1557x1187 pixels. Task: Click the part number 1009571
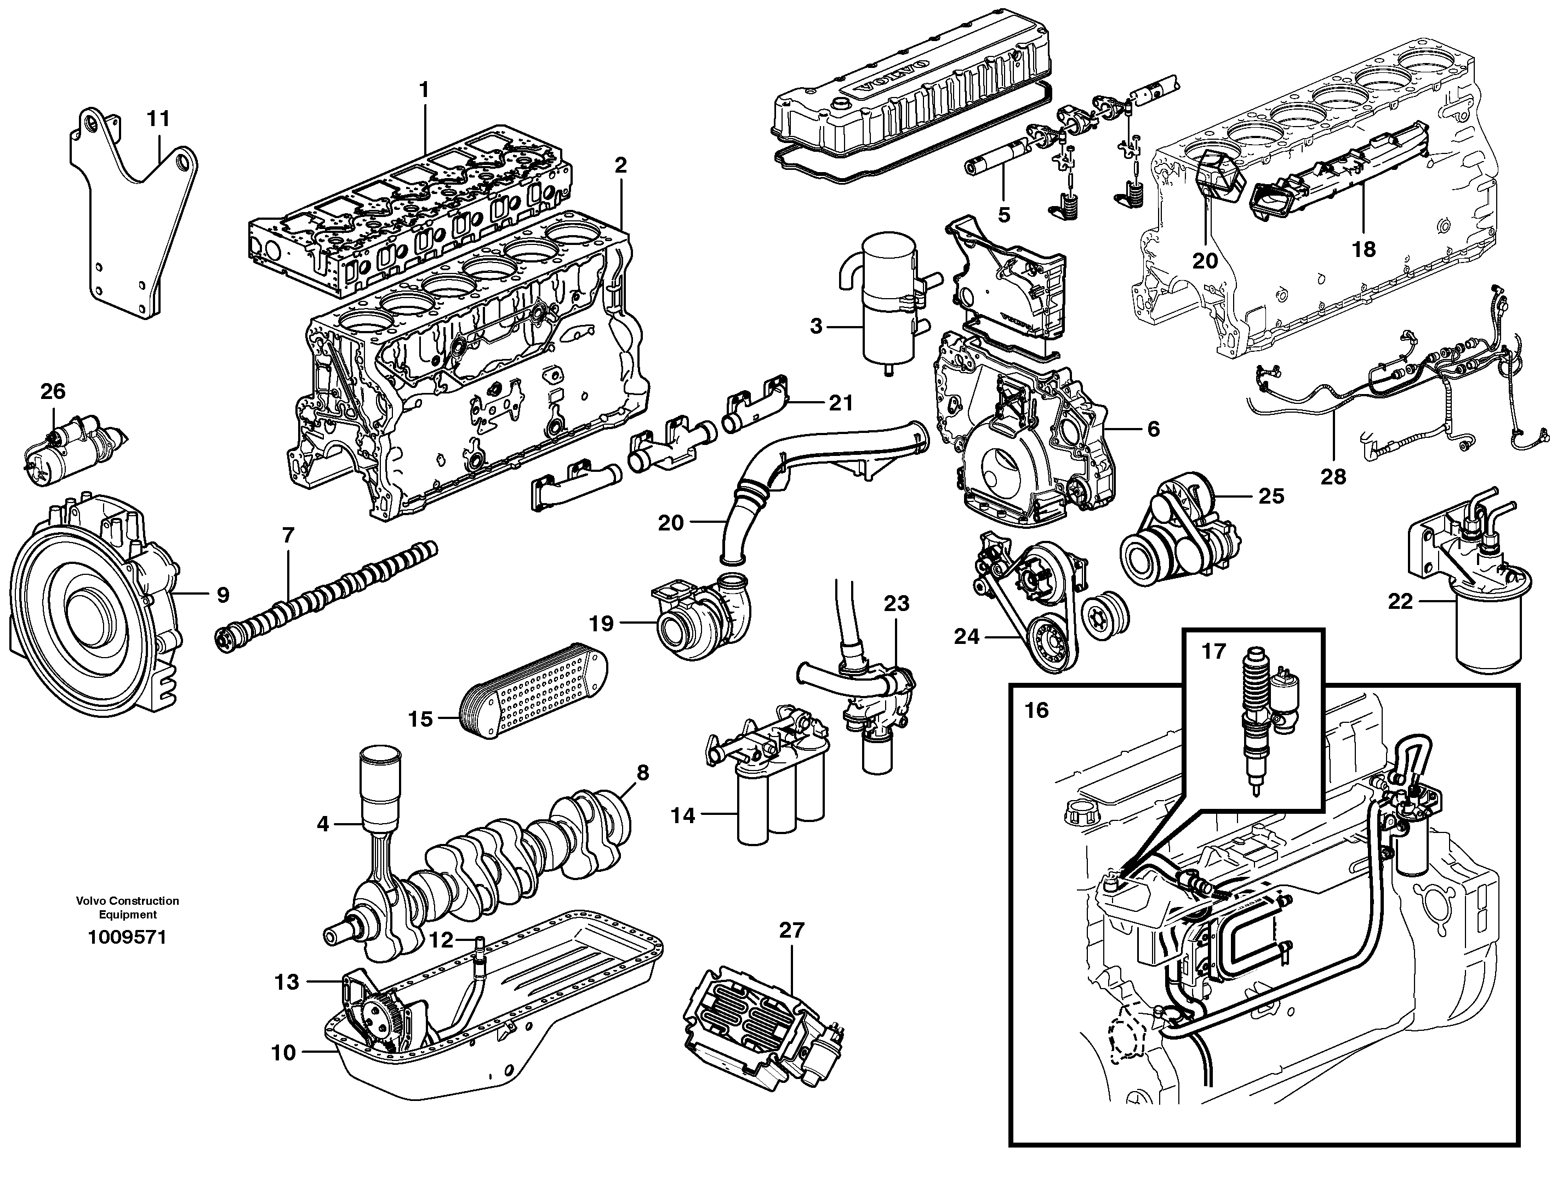pyautogui.click(x=127, y=938)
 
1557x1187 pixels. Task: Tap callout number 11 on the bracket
pyautogui.click(x=158, y=119)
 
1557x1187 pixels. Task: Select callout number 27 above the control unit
pyautogui.click(x=791, y=931)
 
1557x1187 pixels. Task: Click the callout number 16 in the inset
pyautogui.click(x=1036, y=710)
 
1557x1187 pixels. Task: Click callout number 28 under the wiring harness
pyautogui.click(x=1333, y=477)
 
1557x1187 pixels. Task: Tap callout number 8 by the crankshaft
pyautogui.click(x=642, y=772)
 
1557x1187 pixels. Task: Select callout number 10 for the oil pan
pyautogui.click(x=283, y=1072)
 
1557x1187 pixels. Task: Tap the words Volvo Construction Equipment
pyautogui.click(x=127, y=907)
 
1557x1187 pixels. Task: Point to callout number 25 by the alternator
pyautogui.click(x=1271, y=496)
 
